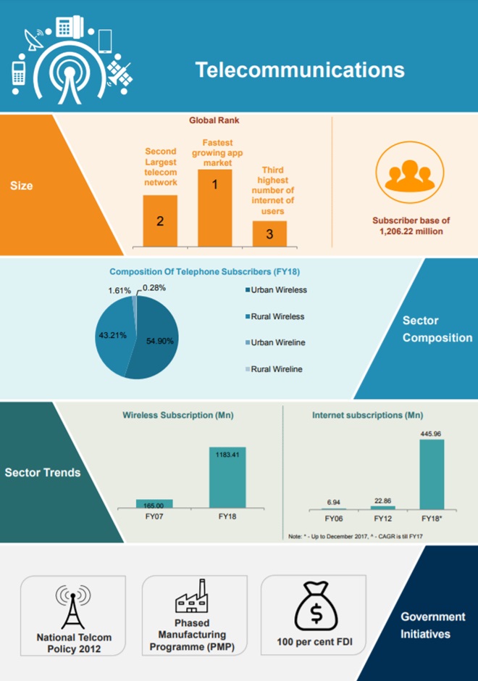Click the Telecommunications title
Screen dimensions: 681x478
299,70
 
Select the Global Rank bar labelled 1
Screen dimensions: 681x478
214,207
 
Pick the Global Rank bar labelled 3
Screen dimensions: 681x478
269,234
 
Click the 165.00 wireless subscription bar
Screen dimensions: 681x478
154,504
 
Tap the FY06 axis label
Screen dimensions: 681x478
333,519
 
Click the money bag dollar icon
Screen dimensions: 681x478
316,608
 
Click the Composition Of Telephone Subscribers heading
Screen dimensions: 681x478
204,272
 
